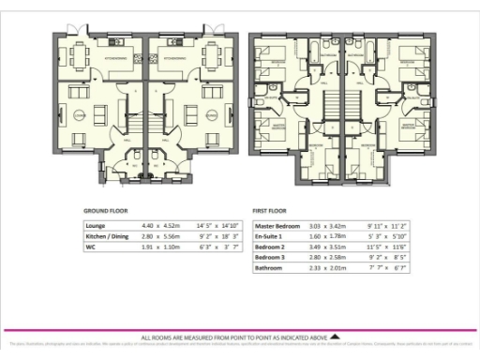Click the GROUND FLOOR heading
coord(106,211)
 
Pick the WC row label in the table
coord(91,247)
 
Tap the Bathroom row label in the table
coord(272,269)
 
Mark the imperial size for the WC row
coord(212,247)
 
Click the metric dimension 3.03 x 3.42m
coord(329,226)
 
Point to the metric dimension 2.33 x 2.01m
coord(329,269)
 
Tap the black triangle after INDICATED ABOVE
coord(336,337)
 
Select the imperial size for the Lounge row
coord(212,226)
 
